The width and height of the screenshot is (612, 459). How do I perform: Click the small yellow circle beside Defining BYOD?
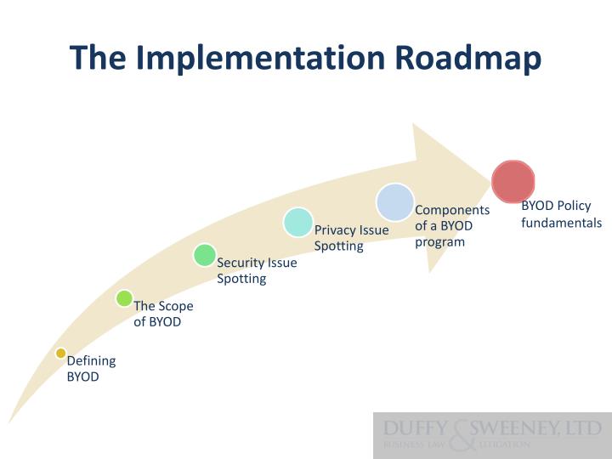tap(60, 353)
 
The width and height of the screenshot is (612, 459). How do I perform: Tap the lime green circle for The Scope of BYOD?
tap(124, 298)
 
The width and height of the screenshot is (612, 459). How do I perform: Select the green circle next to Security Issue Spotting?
tap(204, 255)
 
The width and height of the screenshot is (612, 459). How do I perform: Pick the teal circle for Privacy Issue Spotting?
tap(298, 222)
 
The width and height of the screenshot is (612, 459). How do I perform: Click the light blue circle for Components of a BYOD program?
tap(395, 202)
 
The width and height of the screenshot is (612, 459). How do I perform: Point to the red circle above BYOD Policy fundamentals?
tap(513, 181)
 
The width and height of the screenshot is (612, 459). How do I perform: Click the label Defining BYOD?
tap(91, 368)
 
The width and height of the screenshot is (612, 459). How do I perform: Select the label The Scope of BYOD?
tap(163, 314)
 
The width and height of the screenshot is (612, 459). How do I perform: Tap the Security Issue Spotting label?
tap(257, 270)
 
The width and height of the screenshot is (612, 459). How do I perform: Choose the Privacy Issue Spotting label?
tap(351, 237)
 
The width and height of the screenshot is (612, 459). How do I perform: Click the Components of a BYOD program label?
tap(451, 225)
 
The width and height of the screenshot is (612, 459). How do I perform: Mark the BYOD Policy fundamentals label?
tap(561, 214)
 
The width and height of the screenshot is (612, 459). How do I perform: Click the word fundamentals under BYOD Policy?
tap(561, 223)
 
